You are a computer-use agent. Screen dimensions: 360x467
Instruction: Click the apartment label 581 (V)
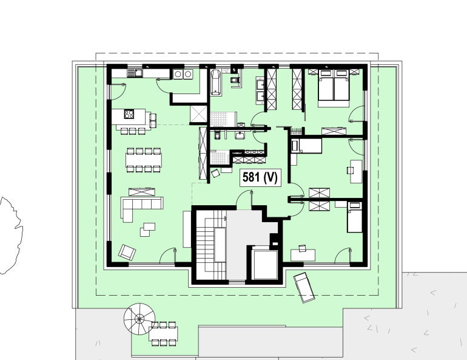pos(260,177)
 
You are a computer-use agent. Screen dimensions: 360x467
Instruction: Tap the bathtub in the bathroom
pos(216,83)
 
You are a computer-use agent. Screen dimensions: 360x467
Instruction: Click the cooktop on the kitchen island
pos(129,114)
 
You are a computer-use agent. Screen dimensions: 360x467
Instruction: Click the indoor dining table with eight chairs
pos(144,159)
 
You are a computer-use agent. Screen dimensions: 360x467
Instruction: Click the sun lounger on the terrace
pos(304,287)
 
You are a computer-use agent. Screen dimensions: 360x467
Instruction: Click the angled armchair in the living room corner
pos(127,251)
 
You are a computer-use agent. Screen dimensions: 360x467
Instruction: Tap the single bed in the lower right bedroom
pos(354,219)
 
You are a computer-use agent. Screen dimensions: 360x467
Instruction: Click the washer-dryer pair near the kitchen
pos(183,75)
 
